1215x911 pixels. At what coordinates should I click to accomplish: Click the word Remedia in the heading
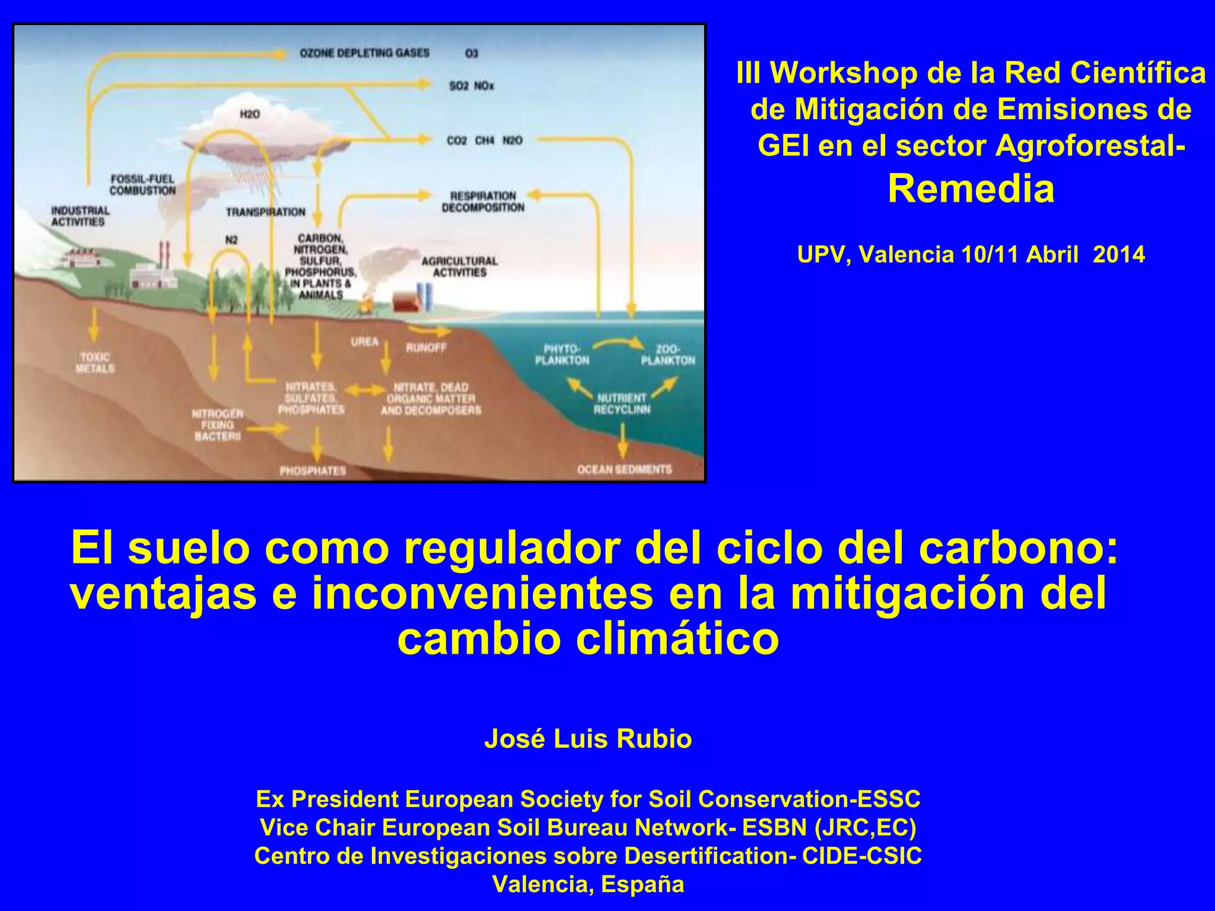971,189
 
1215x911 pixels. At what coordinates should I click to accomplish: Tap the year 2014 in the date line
1119,254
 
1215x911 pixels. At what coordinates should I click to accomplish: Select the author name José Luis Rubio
588,739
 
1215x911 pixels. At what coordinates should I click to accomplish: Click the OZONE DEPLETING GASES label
364,53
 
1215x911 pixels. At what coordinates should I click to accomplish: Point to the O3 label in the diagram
471,54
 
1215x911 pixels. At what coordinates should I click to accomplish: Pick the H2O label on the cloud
250,114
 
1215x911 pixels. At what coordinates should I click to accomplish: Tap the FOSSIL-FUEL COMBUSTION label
142,184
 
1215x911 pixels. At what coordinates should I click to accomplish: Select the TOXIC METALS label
95,362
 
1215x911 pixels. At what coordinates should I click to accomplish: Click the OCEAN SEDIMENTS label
624,470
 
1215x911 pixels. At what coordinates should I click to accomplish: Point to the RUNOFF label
426,348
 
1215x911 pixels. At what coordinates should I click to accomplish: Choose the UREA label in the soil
364,342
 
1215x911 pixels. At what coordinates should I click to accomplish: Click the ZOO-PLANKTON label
668,355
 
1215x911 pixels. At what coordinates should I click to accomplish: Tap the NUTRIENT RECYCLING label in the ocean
622,403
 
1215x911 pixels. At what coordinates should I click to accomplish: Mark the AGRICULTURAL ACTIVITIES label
459,266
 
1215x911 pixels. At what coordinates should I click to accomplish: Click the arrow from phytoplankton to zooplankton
618,342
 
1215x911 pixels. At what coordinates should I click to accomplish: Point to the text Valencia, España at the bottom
588,884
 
